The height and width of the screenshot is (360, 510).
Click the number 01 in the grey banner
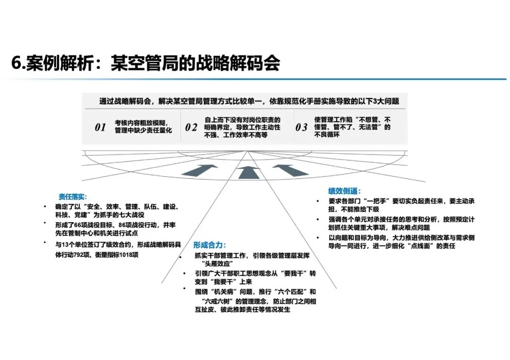tap(100, 127)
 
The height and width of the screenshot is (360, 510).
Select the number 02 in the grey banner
tap(191, 127)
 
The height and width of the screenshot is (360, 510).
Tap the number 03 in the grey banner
tap(301, 127)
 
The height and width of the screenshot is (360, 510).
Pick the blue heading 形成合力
tap(210, 245)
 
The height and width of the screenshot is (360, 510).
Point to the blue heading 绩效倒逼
tap(345, 191)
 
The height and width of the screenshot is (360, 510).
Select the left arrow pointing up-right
tap(205, 169)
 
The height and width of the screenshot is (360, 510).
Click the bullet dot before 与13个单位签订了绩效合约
tap(45, 243)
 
